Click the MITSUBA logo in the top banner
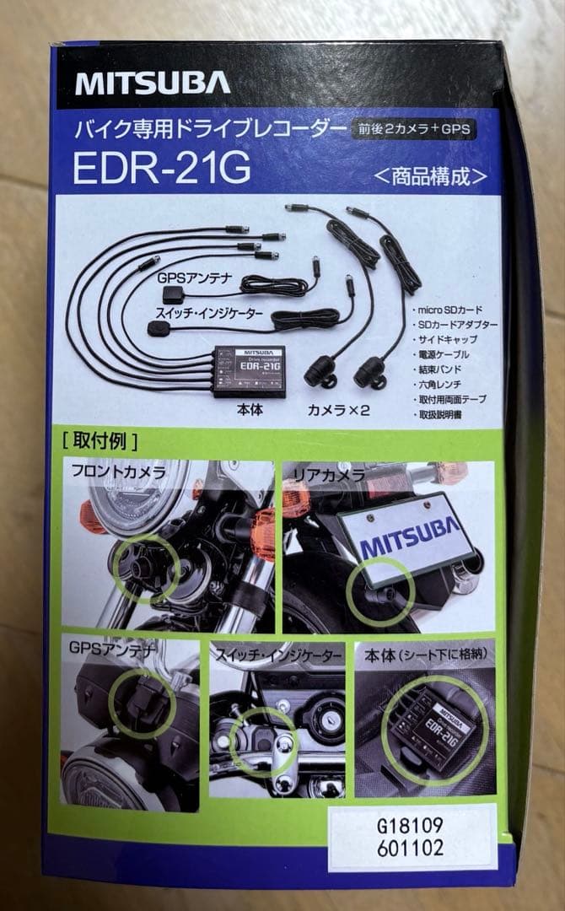[152, 83]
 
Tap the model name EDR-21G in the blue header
[162, 168]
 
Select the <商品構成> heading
[431, 177]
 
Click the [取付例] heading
[100, 441]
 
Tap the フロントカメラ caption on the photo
[118, 472]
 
